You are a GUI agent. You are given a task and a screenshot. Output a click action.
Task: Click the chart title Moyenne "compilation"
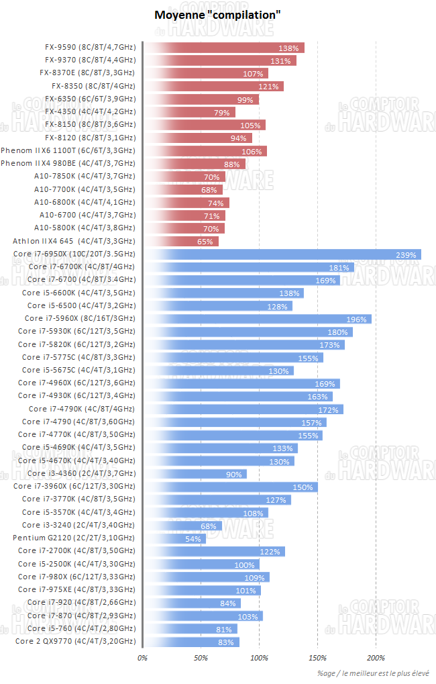tap(217, 14)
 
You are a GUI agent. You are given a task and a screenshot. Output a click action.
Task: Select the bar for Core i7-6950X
tap(282, 254)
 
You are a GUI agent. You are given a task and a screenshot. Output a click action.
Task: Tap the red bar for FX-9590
tap(223, 48)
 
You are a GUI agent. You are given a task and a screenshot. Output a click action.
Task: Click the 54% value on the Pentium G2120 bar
tap(193, 539)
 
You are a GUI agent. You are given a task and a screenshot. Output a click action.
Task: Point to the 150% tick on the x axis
tap(317, 658)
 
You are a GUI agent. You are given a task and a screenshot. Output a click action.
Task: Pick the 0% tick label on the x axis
tap(142, 658)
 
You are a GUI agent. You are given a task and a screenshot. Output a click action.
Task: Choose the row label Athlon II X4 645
tap(74, 241)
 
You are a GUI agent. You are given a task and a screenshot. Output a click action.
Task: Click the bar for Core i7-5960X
tap(257, 319)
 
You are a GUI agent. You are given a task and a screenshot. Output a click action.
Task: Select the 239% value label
tap(406, 254)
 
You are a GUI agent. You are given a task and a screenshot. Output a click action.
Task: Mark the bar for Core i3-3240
tap(182, 526)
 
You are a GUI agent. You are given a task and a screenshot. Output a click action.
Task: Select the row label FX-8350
tap(93, 86)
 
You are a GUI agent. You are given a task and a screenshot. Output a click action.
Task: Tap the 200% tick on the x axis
tap(376, 658)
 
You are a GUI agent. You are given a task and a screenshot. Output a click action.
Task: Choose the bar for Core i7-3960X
tap(230, 487)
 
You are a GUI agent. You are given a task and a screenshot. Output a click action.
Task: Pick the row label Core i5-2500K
tap(76, 564)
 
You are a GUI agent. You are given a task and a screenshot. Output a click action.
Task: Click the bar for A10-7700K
tap(182, 190)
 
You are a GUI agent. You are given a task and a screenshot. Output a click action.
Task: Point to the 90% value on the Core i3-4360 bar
tap(234, 474)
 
